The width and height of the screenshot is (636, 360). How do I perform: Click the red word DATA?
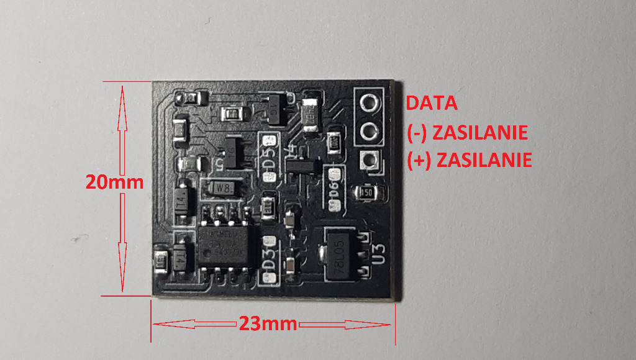(x=432, y=103)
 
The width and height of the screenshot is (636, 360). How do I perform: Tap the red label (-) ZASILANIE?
(x=468, y=132)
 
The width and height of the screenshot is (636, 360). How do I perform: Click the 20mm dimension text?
(x=114, y=182)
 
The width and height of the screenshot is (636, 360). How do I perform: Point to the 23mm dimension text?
(x=265, y=324)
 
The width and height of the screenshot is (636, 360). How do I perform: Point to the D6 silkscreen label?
(x=333, y=189)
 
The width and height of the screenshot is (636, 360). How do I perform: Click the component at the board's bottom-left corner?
(x=160, y=260)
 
